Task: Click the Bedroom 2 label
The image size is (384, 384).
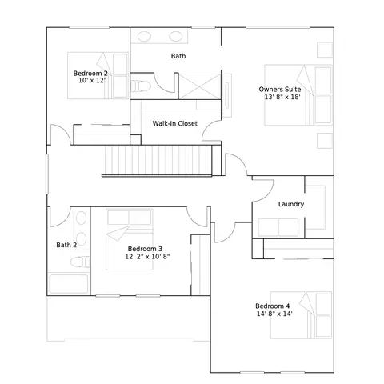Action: [x=90, y=73]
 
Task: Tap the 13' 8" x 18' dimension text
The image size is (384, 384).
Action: [x=282, y=97]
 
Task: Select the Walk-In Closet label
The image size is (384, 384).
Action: [x=175, y=123]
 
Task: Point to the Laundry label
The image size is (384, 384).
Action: [x=291, y=204]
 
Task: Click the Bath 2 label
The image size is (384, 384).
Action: [x=66, y=245]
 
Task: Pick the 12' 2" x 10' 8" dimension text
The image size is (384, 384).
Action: [x=147, y=257]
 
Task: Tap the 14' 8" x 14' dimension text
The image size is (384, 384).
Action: [x=274, y=314]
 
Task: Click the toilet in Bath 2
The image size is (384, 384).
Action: [x=80, y=262]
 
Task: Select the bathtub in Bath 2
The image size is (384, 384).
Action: [x=69, y=284]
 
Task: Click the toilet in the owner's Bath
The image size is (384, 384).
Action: [x=141, y=86]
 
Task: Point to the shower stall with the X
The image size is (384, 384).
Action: [x=199, y=86]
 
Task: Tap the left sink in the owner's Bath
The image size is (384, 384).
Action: [x=144, y=36]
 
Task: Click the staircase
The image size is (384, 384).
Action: [x=158, y=161]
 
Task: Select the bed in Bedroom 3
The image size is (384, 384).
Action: [x=130, y=239]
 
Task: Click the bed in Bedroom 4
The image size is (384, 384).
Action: [x=301, y=315]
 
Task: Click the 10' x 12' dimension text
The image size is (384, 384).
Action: [x=92, y=80]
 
